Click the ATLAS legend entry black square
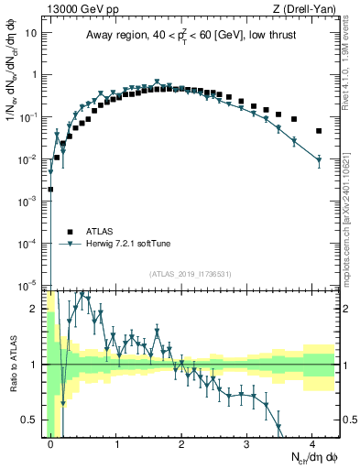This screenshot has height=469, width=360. click(69, 231)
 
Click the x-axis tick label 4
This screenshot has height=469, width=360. click(313, 442)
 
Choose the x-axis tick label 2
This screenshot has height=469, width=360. click(182, 442)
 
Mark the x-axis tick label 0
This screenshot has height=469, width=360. click(51, 442)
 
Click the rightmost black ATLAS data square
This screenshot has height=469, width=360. click(319, 131)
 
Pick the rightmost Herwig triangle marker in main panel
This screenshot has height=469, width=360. click(319, 161)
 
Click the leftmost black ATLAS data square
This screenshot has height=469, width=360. click(50, 190)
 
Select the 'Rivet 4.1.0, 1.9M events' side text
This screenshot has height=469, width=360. click(352, 64)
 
